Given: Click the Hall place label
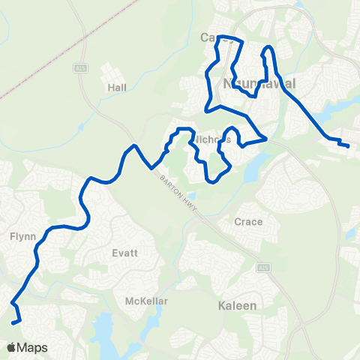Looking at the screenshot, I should tap(117, 88).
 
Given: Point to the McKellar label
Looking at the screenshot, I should tap(146, 301).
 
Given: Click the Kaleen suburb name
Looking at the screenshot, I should tap(237, 306).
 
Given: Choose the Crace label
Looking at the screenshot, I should tap(248, 222).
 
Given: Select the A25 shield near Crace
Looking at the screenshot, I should tap(262, 267).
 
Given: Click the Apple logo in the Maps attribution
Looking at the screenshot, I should tap(11, 347).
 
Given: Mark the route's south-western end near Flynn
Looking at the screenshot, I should tap(16, 323).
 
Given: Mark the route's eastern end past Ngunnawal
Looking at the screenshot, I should tap(349, 145).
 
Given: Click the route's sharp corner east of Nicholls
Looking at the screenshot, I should tap(266, 138).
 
